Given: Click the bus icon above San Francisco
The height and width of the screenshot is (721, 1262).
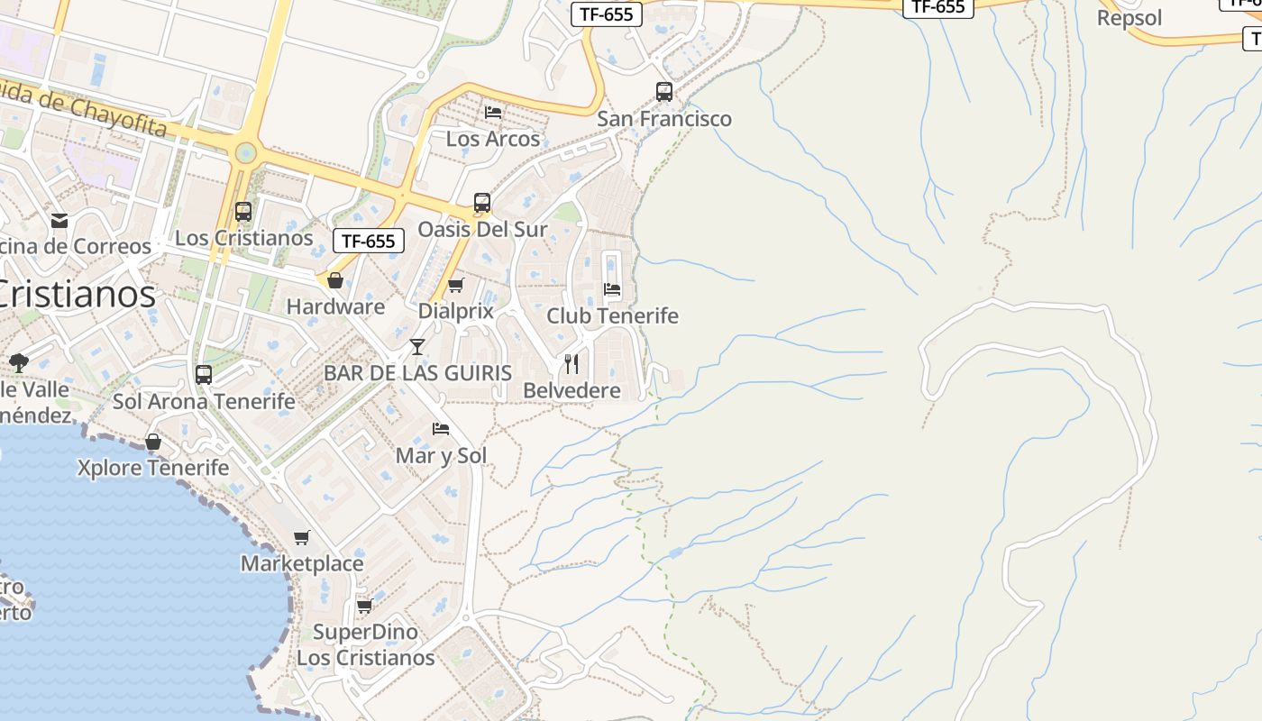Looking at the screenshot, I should coord(664,92).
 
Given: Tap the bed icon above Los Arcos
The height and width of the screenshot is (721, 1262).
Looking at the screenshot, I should coord(493,113).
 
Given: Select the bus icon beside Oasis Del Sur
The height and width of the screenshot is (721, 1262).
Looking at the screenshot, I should coord(482,203).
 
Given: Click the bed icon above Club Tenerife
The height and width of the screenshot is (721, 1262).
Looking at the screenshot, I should coord(612,289).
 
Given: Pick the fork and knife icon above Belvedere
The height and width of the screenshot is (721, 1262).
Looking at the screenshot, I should coord(572,363).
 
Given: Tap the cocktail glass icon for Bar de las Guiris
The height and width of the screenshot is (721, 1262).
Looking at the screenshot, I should coord(417,346).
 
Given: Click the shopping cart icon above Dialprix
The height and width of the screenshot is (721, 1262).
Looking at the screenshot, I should coord(456,286).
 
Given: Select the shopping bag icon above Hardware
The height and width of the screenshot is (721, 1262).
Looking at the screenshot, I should coord(335,280).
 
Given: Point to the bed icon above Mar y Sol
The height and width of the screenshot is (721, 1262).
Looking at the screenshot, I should coord(441,429).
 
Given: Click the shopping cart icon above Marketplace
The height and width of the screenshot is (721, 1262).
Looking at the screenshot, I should coord(302,538).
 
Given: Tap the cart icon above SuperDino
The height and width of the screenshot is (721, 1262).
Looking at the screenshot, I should coord(365,606).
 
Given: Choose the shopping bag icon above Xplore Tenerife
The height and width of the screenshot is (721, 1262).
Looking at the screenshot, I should coord(153,442).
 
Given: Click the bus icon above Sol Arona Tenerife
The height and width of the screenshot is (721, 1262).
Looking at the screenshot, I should coord(204,374).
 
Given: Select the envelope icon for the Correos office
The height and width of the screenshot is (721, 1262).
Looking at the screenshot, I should coord(59,220).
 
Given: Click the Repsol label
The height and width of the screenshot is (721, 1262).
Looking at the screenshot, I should coord(1129,18).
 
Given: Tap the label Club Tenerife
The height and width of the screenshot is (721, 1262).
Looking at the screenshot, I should coord(612,316).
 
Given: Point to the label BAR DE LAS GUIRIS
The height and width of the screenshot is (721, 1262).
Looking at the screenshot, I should coord(417,373).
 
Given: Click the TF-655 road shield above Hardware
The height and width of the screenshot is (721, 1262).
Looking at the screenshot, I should coord(369,241).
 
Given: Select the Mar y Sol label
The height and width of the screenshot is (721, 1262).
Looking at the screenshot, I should coord(441,456).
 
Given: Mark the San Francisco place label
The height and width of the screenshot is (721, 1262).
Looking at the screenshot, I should coord(664,119).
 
